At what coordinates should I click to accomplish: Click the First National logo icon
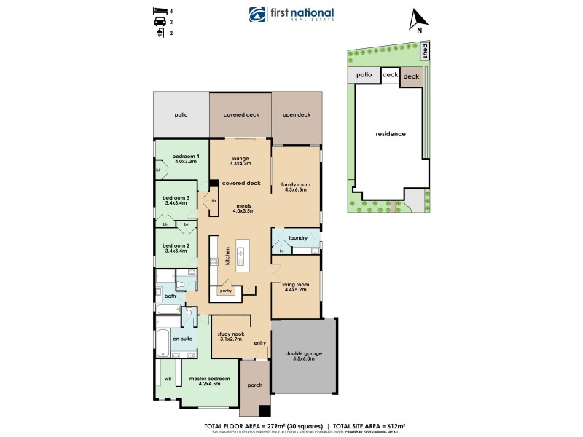click(x=257, y=15)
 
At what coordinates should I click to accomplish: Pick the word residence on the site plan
click(x=390, y=134)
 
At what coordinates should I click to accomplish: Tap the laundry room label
click(x=297, y=238)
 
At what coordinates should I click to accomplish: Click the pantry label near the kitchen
click(x=226, y=291)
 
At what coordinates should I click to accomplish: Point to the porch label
click(x=254, y=385)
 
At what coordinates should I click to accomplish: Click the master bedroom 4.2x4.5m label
click(x=209, y=382)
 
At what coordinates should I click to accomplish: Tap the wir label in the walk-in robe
click(x=167, y=379)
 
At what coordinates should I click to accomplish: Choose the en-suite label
click(x=181, y=339)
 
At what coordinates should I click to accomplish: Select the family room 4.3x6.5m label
click(x=296, y=187)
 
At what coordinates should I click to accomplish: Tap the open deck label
click(x=296, y=114)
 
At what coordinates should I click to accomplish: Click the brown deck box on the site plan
click(x=411, y=76)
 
